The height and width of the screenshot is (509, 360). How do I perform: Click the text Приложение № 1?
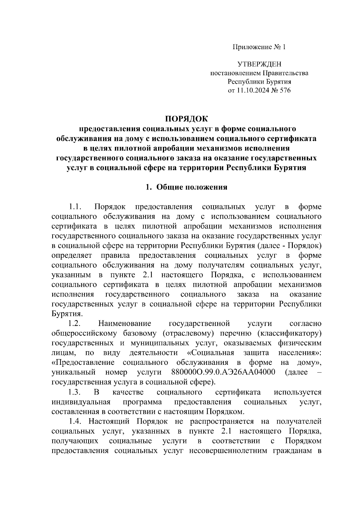(x=259, y=47)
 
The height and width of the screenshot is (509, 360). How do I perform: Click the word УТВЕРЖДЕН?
(x=259, y=64)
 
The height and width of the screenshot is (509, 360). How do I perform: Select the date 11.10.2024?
(x=251, y=90)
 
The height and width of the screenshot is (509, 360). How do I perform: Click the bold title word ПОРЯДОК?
(x=187, y=119)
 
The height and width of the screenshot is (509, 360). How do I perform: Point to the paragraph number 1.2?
(x=75, y=323)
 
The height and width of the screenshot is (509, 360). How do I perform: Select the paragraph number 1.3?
(x=75, y=392)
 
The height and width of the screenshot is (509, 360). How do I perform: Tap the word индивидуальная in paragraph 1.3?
(x=81, y=402)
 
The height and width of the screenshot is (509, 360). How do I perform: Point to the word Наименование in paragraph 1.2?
(x=124, y=323)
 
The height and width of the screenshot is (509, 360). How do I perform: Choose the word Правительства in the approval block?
(x=285, y=73)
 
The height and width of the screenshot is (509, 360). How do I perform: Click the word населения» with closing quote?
(x=300, y=353)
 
